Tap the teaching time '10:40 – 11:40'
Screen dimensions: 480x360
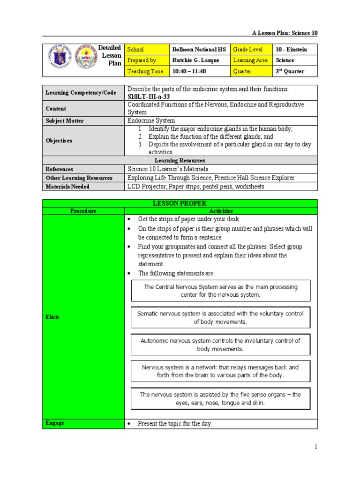[x=189, y=71]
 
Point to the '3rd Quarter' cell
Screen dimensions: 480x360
[x=290, y=71]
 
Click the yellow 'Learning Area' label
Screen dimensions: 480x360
[x=251, y=60]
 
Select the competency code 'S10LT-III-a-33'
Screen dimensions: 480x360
[x=148, y=96]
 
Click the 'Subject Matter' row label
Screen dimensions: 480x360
[x=65, y=121]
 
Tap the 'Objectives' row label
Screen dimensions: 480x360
[x=59, y=141]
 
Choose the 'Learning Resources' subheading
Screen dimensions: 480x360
[x=180, y=161]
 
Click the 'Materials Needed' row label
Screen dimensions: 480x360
[x=67, y=187]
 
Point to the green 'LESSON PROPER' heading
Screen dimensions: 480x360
[x=180, y=203]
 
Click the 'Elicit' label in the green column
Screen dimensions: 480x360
[x=52, y=317]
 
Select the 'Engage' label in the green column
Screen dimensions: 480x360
[x=55, y=423]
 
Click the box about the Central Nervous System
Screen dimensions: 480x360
[x=221, y=291]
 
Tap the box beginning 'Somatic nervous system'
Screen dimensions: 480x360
[x=221, y=318]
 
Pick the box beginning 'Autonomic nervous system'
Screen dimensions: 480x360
[x=221, y=345]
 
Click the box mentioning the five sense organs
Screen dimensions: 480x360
[x=221, y=398]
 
